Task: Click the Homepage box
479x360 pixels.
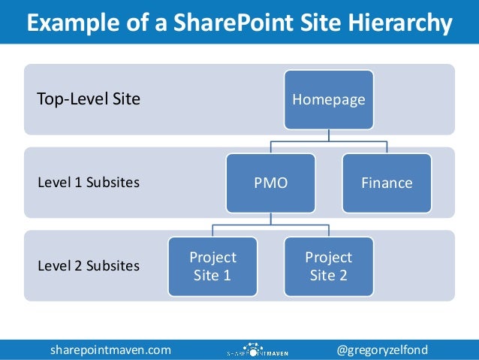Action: tap(328, 98)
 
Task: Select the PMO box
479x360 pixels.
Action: tap(271, 183)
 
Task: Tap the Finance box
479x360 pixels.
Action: tap(387, 183)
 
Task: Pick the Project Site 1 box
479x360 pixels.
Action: tap(212, 266)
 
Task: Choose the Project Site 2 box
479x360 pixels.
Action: tap(328, 266)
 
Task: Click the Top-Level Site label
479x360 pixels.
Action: tap(89, 98)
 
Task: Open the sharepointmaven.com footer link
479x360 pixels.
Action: tap(110, 349)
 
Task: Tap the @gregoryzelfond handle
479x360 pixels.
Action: tap(393, 349)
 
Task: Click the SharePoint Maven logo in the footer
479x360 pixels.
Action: tap(255, 349)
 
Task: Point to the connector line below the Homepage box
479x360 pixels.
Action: tap(328, 134)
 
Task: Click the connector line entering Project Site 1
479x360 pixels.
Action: tap(212, 231)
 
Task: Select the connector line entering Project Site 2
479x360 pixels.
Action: tap(328, 231)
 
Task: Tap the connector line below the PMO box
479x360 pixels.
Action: tap(271, 218)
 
